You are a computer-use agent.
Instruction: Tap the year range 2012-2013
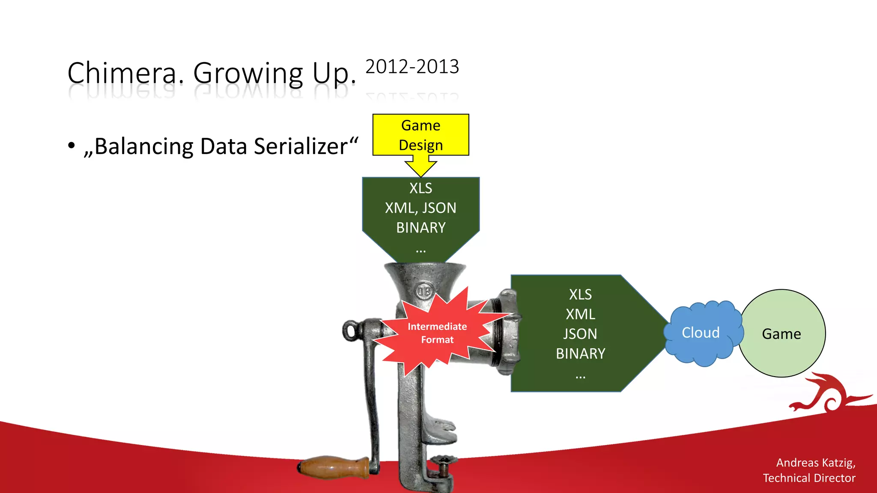click(x=412, y=67)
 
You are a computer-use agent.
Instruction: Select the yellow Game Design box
click(x=421, y=135)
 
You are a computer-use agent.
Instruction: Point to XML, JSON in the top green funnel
click(x=421, y=208)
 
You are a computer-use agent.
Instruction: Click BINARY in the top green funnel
click(x=421, y=228)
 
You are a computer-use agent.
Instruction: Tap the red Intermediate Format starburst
click(x=437, y=333)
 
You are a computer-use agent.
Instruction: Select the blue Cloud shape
click(x=701, y=333)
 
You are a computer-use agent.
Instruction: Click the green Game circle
click(x=782, y=334)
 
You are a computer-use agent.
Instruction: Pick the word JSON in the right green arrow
click(x=580, y=334)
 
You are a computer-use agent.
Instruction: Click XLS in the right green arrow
click(x=580, y=294)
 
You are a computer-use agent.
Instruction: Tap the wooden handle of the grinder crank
click(x=334, y=467)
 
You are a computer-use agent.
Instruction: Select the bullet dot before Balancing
click(x=72, y=146)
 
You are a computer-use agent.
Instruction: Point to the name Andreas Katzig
click(x=815, y=463)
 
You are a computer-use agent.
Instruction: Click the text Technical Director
click(x=809, y=478)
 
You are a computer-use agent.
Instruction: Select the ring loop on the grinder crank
click(x=351, y=331)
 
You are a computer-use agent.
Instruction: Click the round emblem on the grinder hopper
click(x=424, y=291)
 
